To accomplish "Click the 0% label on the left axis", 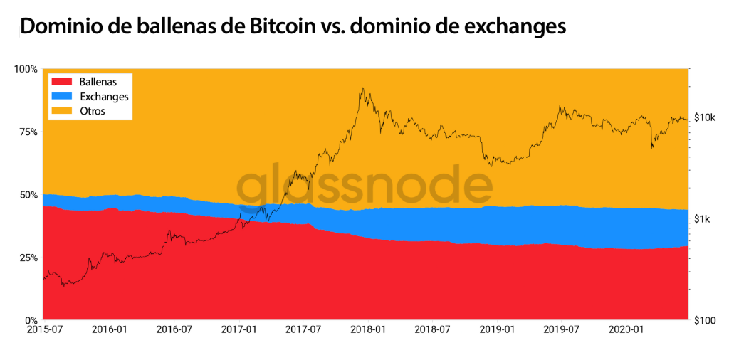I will tap(31, 319).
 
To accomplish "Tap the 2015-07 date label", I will tap(43, 330).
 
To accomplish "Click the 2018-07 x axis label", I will tap(432, 330).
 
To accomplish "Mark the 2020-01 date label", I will tap(626, 330).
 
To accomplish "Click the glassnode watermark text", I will tap(364, 186).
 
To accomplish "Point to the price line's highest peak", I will tap(362, 88).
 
